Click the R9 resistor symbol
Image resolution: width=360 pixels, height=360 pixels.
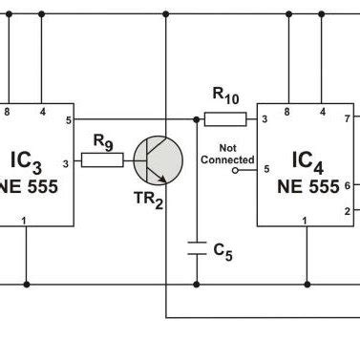pyautogui.click(x=102, y=160)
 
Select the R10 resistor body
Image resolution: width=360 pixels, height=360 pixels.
pyautogui.click(x=225, y=119)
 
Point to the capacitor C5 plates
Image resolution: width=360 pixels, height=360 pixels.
pyautogui.click(x=197, y=248)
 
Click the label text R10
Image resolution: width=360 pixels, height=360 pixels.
pyautogui.click(x=225, y=95)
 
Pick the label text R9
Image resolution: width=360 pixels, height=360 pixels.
pyautogui.click(x=102, y=140)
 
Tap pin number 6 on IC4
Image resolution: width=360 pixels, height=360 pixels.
pyautogui.click(x=348, y=185)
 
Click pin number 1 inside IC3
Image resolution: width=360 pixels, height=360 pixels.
pyautogui.click(x=26, y=222)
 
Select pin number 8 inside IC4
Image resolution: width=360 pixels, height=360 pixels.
pyautogui.click(x=288, y=113)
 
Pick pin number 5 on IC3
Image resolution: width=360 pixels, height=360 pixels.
pyautogui.click(x=68, y=119)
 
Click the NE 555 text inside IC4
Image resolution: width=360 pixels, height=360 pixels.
pyautogui.click(x=307, y=185)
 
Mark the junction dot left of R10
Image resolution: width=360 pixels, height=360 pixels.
pyautogui.click(x=197, y=119)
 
